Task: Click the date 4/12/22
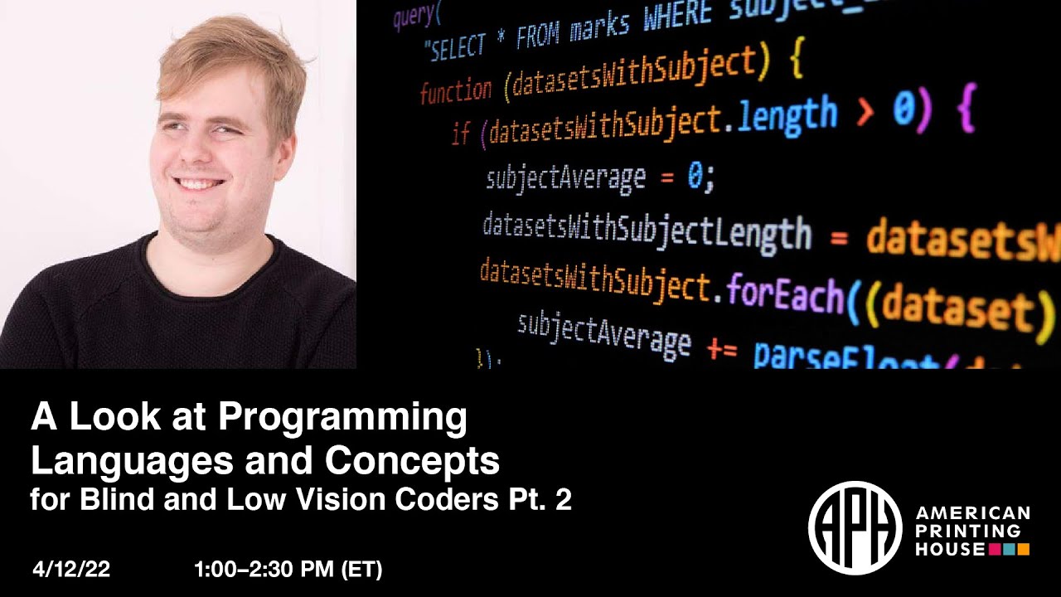71,570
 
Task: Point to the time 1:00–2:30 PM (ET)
288,570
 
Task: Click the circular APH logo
855,528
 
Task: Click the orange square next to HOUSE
1023,549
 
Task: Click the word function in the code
455,90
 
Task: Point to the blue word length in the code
786,117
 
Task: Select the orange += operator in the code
721,349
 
